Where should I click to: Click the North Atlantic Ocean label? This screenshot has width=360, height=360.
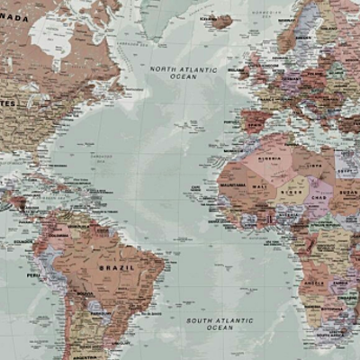[184, 73]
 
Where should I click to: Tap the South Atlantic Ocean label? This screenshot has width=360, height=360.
[220, 323]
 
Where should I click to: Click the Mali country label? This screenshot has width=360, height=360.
[260, 186]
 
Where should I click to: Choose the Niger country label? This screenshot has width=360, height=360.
[291, 191]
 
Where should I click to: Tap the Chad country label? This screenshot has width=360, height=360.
[318, 196]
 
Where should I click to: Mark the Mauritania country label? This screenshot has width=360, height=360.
[232, 184]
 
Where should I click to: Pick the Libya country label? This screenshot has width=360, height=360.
[313, 165]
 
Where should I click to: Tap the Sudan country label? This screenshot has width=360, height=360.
[347, 191]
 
